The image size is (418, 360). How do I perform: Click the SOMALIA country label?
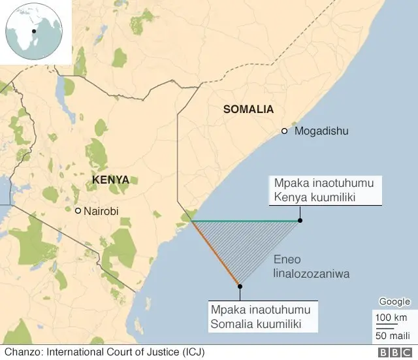[248, 109]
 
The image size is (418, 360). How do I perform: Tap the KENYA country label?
[110, 180]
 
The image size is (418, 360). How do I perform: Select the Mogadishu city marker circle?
[284, 131]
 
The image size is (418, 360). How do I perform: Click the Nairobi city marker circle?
[78, 211]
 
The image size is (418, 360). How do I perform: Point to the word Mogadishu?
[321, 131]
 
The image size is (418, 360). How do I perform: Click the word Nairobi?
[103, 211]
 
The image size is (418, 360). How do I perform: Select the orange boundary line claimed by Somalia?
[216, 254]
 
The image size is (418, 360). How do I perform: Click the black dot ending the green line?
[300, 221]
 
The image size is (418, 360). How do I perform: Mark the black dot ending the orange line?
[240, 286]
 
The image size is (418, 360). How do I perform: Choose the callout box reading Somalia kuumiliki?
[259, 316]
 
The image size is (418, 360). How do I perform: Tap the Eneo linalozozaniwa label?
[310, 267]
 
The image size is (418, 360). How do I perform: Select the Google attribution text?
[394, 302]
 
